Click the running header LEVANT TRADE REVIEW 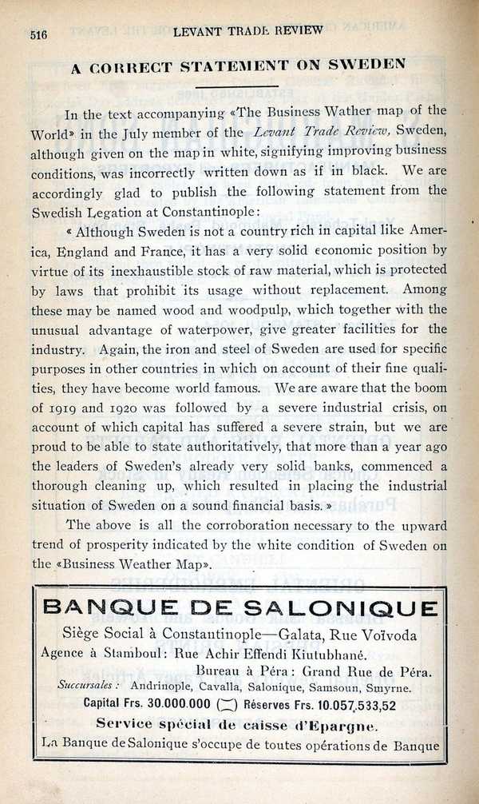click(247, 31)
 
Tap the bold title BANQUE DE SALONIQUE click(240, 608)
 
